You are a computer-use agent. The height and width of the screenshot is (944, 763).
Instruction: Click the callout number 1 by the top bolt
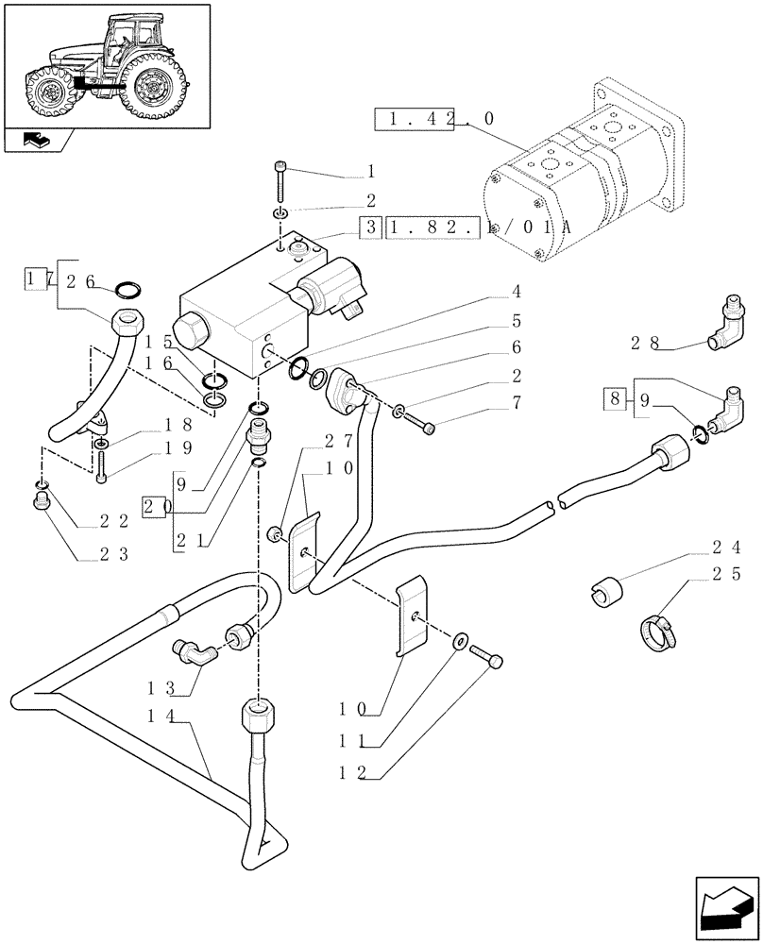(371, 173)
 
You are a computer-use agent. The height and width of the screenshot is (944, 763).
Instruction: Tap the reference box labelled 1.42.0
(434, 120)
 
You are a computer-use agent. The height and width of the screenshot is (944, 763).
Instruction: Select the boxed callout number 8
(615, 398)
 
